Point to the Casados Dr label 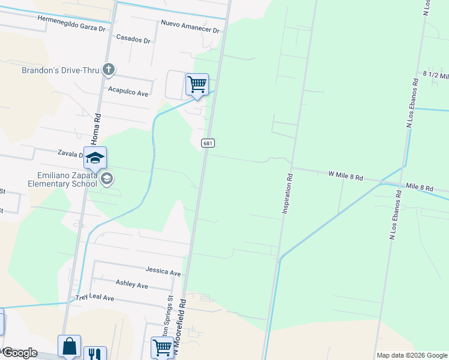coord(133,40)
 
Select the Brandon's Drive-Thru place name coord(60,70)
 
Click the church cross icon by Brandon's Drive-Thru coord(109,70)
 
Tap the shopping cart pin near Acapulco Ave coord(197,85)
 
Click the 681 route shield coord(207,143)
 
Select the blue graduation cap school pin coord(95,158)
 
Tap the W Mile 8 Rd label coord(346,176)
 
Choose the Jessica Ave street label coord(163,273)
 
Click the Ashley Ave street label coord(131,286)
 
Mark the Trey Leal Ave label coord(94,298)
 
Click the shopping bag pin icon coord(69,346)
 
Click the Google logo coord(19,353)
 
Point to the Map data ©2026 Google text coord(411,355)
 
